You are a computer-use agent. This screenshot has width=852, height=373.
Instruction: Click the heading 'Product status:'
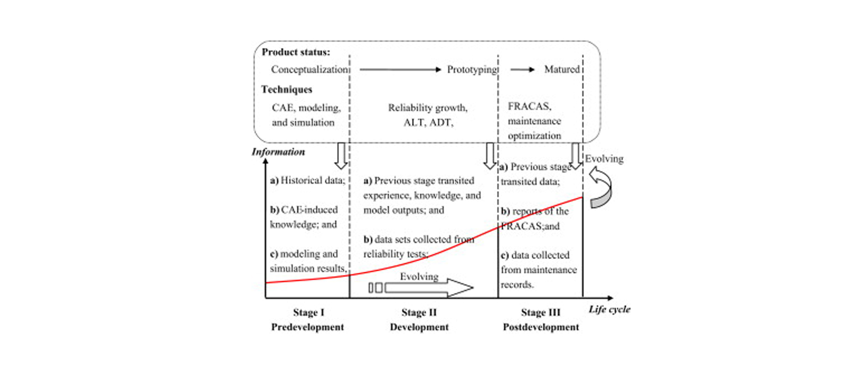[x=296, y=52]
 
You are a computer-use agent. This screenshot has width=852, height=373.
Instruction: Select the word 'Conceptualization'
[x=309, y=69]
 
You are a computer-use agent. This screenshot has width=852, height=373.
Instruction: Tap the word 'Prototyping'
[x=472, y=69]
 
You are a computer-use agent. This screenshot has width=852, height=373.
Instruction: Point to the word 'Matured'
[x=561, y=69]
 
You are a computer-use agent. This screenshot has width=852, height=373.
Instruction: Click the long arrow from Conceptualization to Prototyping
[x=400, y=69]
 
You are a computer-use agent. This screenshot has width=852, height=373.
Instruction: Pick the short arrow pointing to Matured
[x=522, y=69]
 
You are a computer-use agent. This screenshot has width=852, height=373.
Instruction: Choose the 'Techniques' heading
[x=286, y=90]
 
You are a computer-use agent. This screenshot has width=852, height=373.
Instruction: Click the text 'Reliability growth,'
[x=428, y=108]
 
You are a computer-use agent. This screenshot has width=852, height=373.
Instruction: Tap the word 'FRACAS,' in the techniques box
[x=529, y=106]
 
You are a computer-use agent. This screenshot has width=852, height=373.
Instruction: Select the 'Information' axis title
[x=278, y=152]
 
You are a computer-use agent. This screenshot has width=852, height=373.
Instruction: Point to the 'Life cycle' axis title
[x=609, y=309]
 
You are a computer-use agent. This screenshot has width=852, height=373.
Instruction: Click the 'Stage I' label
[x=308, y=312]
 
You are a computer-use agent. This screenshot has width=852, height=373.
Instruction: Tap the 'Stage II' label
[x=419, y=312]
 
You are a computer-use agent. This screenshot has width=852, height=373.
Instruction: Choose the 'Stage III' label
[x=540, y=312]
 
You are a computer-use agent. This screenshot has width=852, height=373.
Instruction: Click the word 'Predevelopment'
[x=307, y=327]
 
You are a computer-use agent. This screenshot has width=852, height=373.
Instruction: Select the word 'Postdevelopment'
[x=540, y=327]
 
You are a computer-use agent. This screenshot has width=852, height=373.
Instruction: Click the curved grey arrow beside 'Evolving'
[x=601, y=187]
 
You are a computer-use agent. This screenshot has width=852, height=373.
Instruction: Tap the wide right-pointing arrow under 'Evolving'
[x=429, y=288]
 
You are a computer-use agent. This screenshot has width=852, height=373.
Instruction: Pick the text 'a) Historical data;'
[x=307, y=181]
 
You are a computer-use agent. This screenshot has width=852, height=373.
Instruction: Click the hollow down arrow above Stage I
[x=340, y=156]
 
